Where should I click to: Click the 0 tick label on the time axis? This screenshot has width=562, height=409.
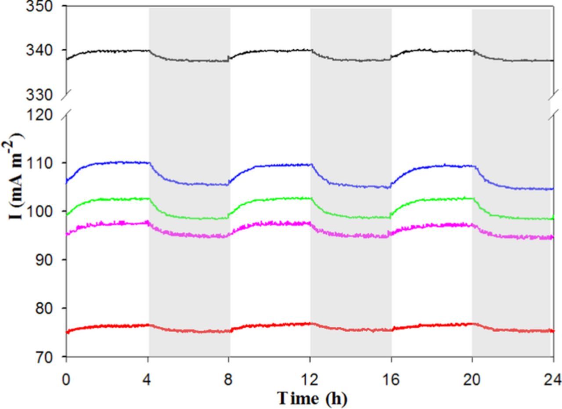tap(66, 379)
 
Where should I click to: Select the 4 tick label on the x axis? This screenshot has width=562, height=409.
tap(147, 379)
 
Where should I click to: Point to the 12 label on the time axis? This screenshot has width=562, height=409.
tap(310, 379)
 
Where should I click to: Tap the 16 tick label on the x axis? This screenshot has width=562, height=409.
tap(391, 379)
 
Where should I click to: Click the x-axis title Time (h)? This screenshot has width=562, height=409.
tap(312, 398)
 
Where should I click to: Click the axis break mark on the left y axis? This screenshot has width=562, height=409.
tap(66, 105)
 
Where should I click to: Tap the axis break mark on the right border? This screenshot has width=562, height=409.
tap(554, 105)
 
